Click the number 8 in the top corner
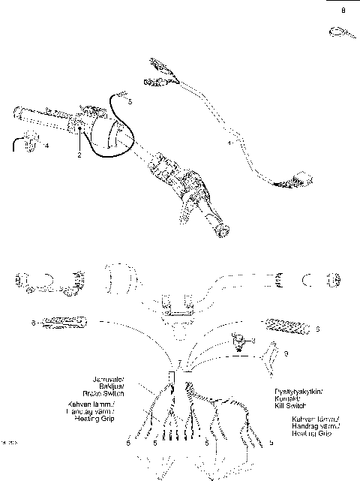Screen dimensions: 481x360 343,11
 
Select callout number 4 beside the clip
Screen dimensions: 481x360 46,146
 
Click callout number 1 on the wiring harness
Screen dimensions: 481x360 229,141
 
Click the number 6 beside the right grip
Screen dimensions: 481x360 317,328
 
